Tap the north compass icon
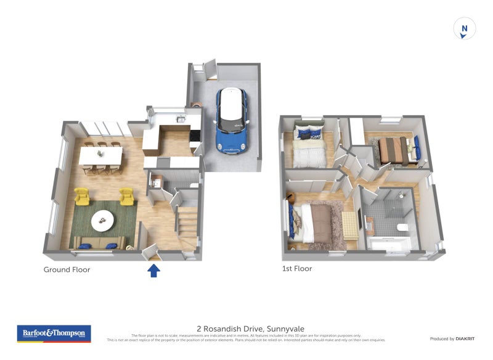click(x=465, y=29)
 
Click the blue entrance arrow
click(x=153, y=270)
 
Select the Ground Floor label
click(x=67, y=269)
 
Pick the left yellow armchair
click(x=81, y=196)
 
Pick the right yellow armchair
click(x=126, y=197)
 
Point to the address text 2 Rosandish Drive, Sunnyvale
click(x=250, y=329)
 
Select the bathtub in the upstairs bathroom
click(x=388, y=244)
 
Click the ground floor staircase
click(x=187, y=227)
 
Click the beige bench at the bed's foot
click(x=350, y=225)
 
